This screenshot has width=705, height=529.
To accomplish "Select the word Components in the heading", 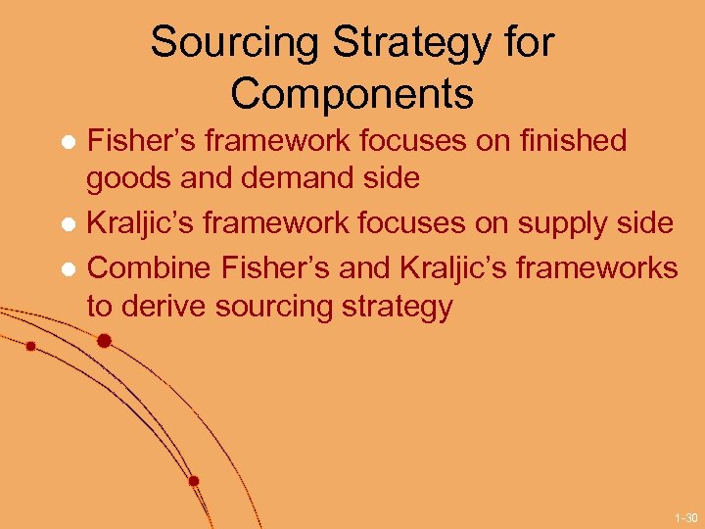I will click(352, 95).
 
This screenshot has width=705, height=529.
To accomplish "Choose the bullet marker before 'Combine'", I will click(70, 267).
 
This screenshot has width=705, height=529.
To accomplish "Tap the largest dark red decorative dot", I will click(104, 341).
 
